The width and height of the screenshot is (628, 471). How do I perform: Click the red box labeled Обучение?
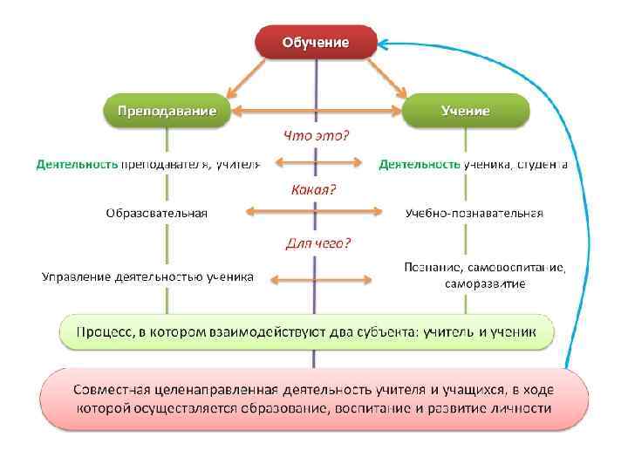315,41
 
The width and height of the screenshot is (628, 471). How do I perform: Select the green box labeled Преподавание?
161,111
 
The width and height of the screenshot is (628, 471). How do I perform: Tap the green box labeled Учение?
465,111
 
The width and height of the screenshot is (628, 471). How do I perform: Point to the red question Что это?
315,136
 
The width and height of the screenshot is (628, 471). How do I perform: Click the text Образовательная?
157,213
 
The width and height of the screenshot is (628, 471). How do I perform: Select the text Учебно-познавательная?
474,213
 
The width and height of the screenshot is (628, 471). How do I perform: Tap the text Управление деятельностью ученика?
148,277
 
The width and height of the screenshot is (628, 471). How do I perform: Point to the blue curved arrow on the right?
585,174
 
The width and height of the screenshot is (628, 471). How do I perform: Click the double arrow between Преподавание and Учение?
315,111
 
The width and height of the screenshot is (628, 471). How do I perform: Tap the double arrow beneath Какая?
315,210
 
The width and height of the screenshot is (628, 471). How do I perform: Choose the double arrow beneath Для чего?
320,279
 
